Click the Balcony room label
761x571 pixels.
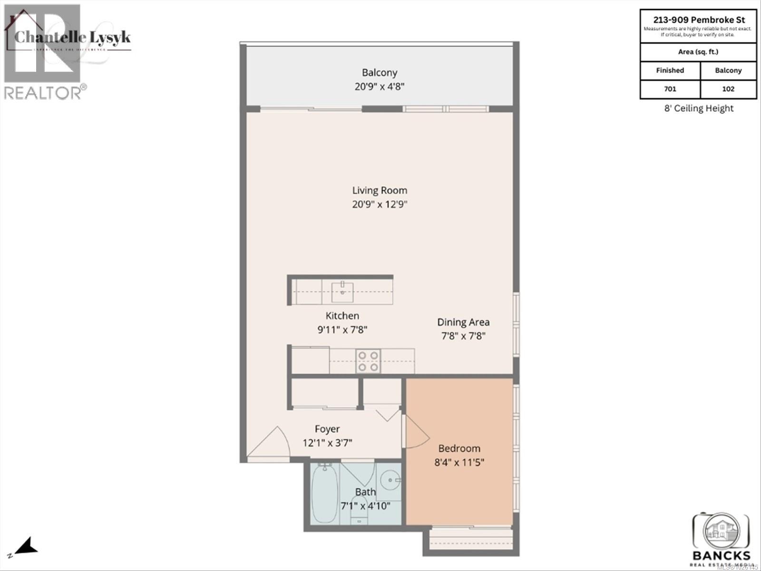click(379, 73)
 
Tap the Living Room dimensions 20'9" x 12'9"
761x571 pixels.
click(379, 205)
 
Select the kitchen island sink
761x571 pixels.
click(342, 291)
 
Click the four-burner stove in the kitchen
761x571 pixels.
click(368, 361)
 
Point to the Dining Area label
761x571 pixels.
click(463, 322)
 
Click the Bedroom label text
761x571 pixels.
click(459, 448)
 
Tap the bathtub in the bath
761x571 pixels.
click(324, 492)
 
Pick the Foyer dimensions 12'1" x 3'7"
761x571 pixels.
click(327, 443)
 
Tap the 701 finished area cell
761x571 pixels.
click(670, 89)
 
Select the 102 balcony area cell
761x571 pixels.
click(728, 89)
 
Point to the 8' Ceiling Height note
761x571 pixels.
click(698, 108)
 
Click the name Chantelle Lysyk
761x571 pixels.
click(72, 37)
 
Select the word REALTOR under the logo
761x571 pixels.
click(43, 92)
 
